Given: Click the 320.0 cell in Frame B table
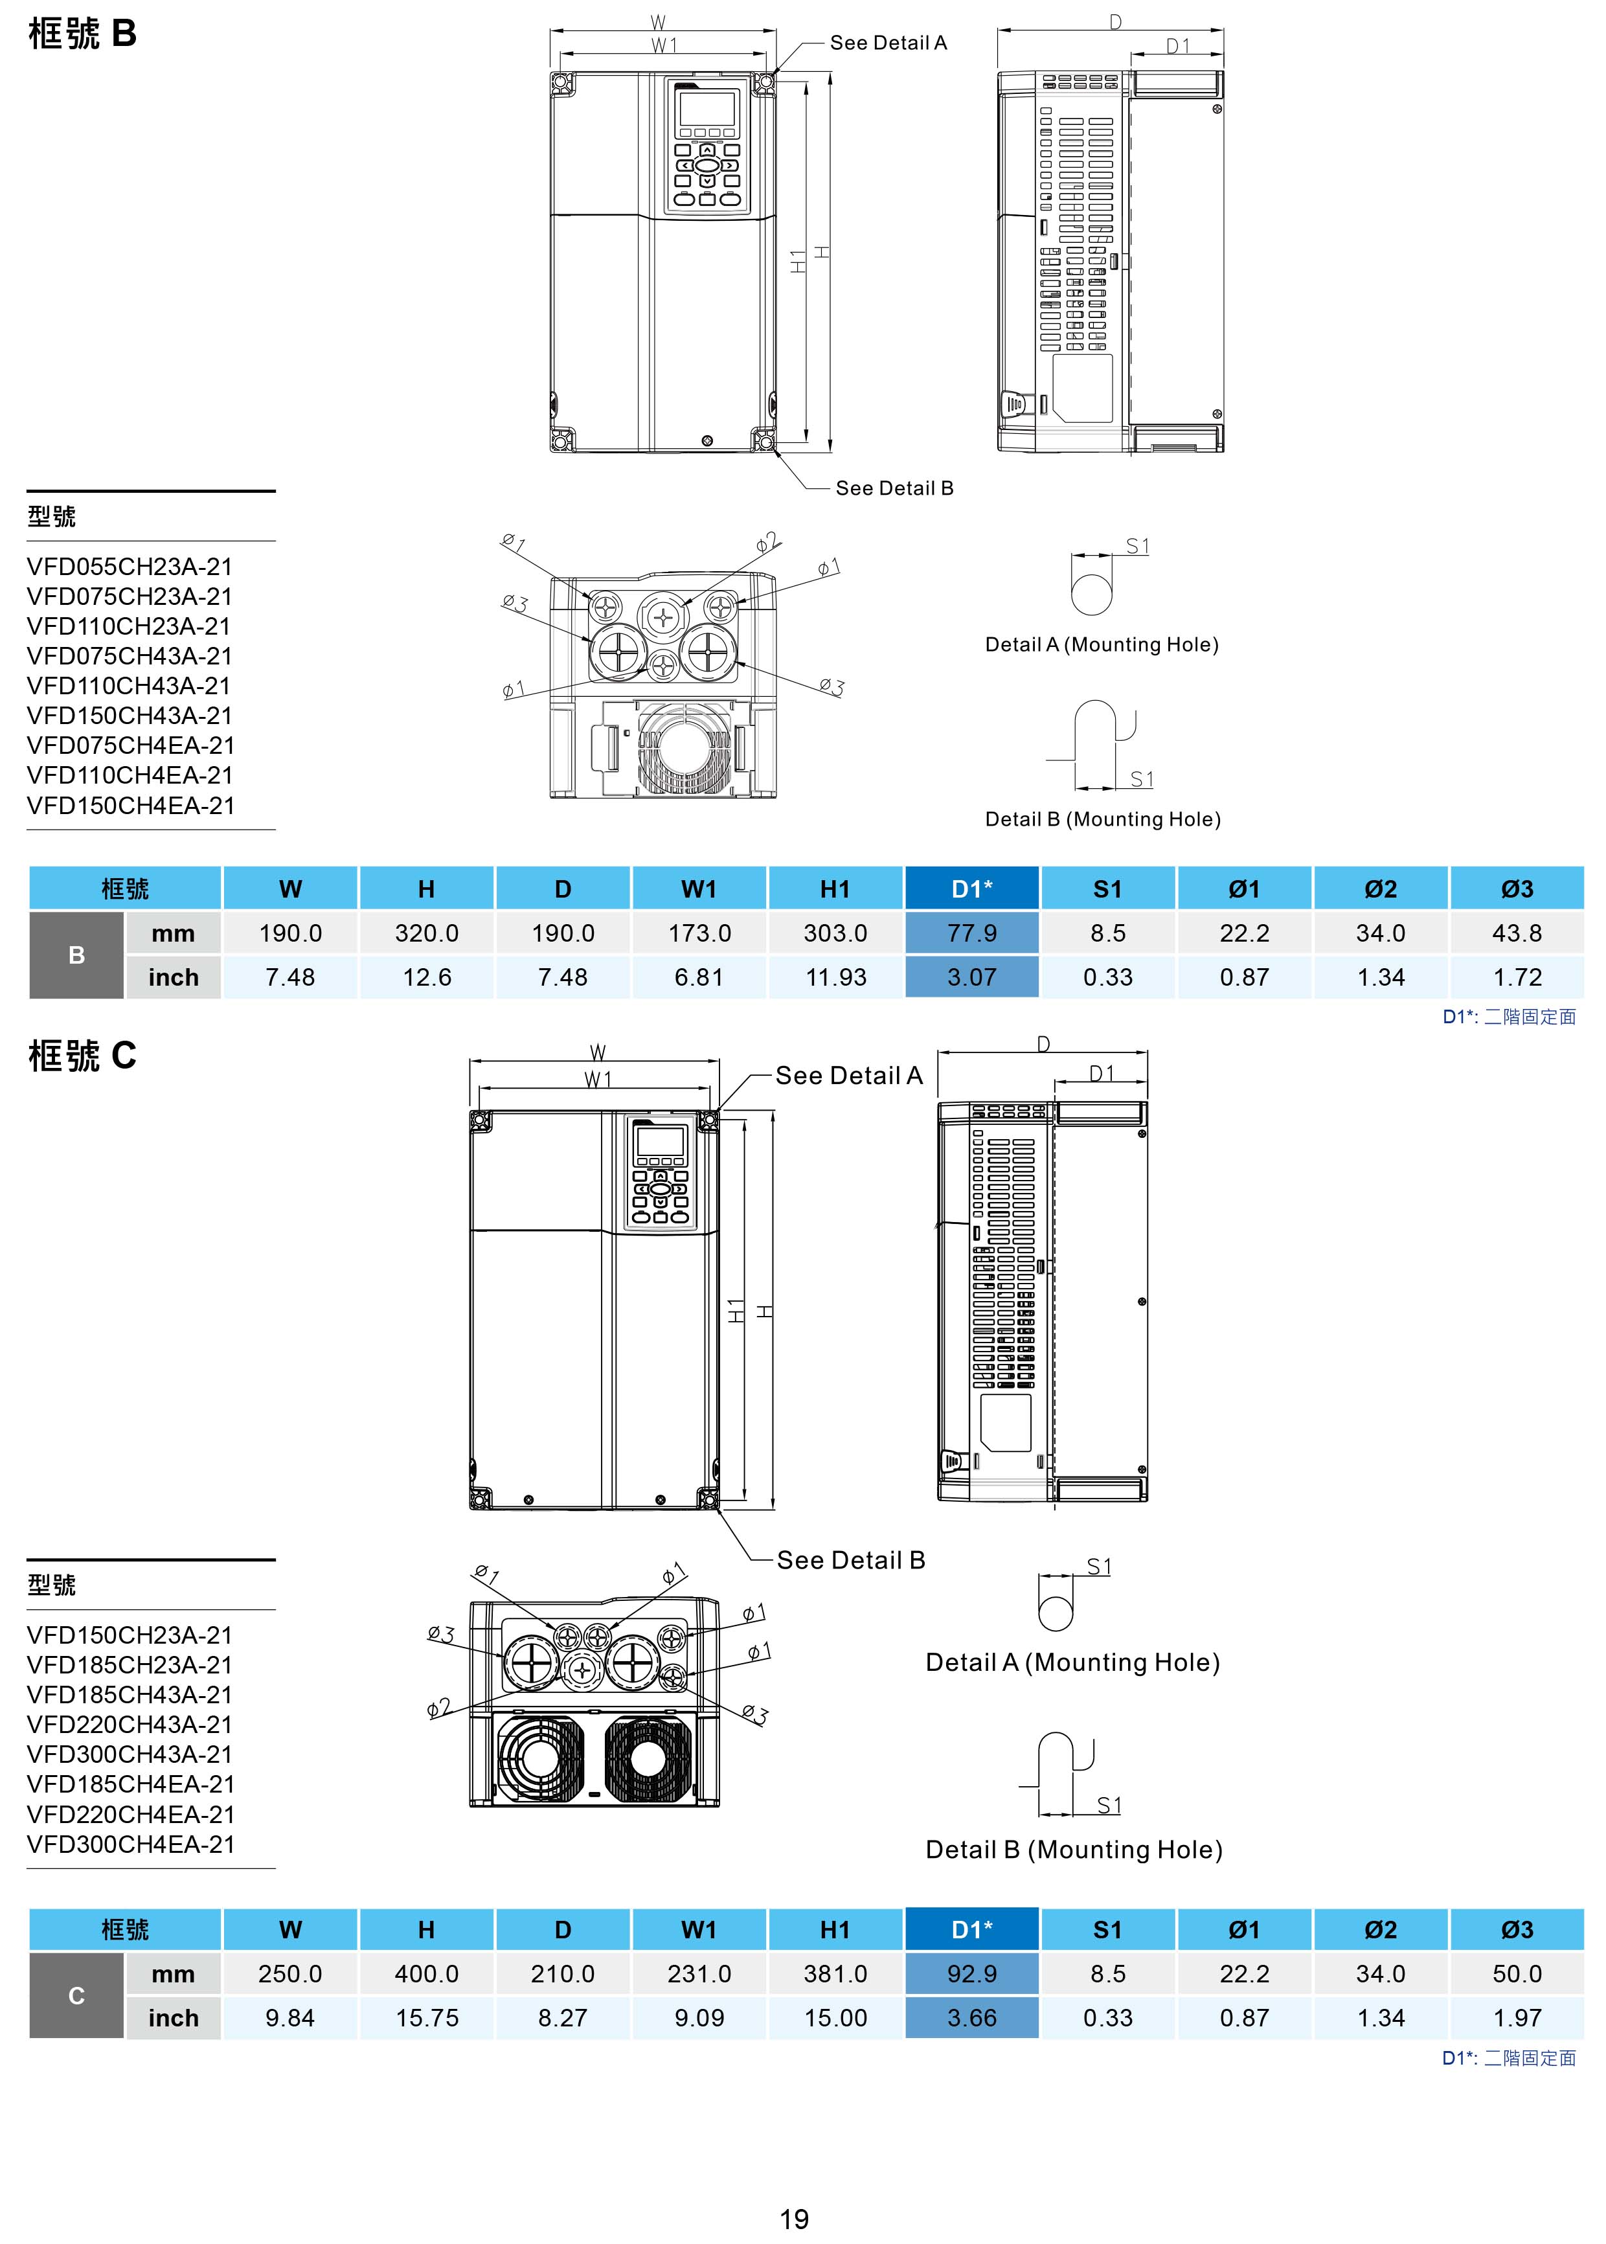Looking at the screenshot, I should (x=426, y=933).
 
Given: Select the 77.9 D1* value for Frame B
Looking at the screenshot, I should (x=971, y=933).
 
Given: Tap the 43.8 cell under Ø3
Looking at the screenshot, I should (x=1517, y=933).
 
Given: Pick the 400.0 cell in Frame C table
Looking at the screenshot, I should (x=426, y=1973).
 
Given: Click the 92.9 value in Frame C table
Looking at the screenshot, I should (x=971, y=1973).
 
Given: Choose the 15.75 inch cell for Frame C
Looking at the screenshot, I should (x=426, y=2017).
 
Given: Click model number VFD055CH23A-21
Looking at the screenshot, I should (x=130, y=567).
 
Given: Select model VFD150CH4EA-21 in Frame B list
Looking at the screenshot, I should (x=131, y=805).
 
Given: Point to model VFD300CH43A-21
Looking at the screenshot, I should (x=131, y=1754).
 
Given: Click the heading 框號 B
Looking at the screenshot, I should (x=82, y=34).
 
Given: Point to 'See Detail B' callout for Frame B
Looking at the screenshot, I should (x=894, y=488).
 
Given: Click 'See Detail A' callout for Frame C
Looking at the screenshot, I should (x=848, y=1076).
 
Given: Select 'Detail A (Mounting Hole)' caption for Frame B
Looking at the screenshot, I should (x=1102, y=645).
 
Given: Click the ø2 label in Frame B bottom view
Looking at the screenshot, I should (x=767, y=543).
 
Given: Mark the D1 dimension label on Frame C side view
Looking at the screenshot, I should (x=1102, y=1074).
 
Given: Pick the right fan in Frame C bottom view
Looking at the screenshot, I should (x=647, y=1758).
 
